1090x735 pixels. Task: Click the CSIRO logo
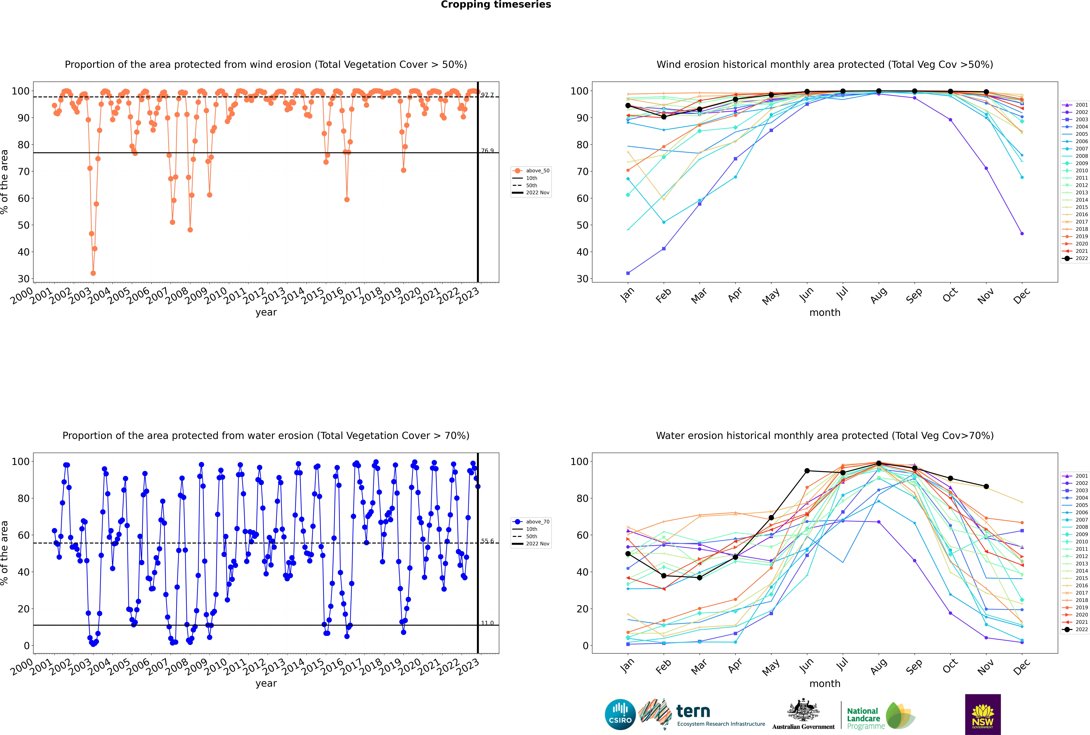[x=620, y=714]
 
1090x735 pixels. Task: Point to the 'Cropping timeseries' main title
[x=496, y=5]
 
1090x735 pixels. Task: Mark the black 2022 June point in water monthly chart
[x=807, y=471]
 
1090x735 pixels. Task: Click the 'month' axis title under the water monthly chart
[x=825, y=683]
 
